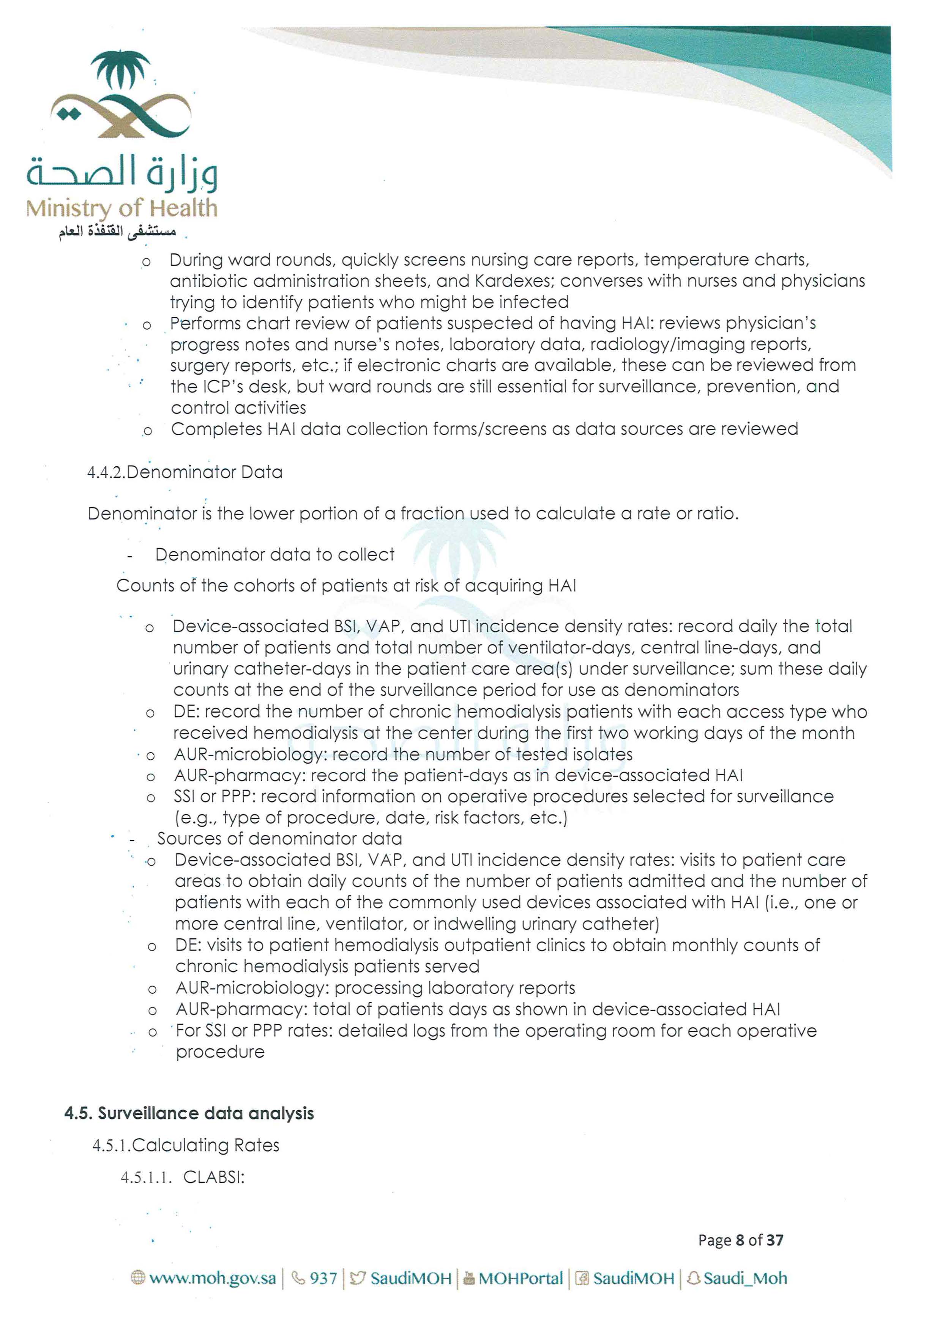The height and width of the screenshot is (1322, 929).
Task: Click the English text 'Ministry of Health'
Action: pyautogui.click(x=121, y=208)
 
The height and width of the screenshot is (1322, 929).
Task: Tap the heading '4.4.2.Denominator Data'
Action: pyautogui.click(x=185, y=472)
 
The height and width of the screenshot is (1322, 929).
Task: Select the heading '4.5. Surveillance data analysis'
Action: pyautogui.click(x=189, y=1113)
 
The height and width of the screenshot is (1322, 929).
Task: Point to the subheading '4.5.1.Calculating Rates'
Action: pyautogui.click(x=185, y=1145)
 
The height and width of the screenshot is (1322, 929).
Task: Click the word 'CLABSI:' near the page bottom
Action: pyautogui.click(x=214, y=1177)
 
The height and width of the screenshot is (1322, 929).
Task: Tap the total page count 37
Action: pyautogui.click(x=775, y=1240)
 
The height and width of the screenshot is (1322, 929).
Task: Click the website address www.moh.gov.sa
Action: pyautogui.click(x=212, y=1278)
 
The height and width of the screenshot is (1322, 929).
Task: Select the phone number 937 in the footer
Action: pyautogui.click(x=323, y=1278)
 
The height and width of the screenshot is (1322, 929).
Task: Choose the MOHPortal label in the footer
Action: pyautogui.click(x=520, y=1278)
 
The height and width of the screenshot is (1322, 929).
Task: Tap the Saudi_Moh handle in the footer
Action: pyautogui.click(x=745, y=1278)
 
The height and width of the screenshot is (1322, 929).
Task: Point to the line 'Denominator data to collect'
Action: pyautogui.click(x=275, y=554)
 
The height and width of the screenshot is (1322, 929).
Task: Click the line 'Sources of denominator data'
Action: pyautogui.click(x=279, y=838)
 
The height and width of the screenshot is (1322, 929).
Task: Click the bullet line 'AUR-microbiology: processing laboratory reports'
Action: pyautogui.click(x=375, y=988)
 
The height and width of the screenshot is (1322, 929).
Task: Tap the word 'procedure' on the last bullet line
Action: pyautogui.click(x=220, y=1052)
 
